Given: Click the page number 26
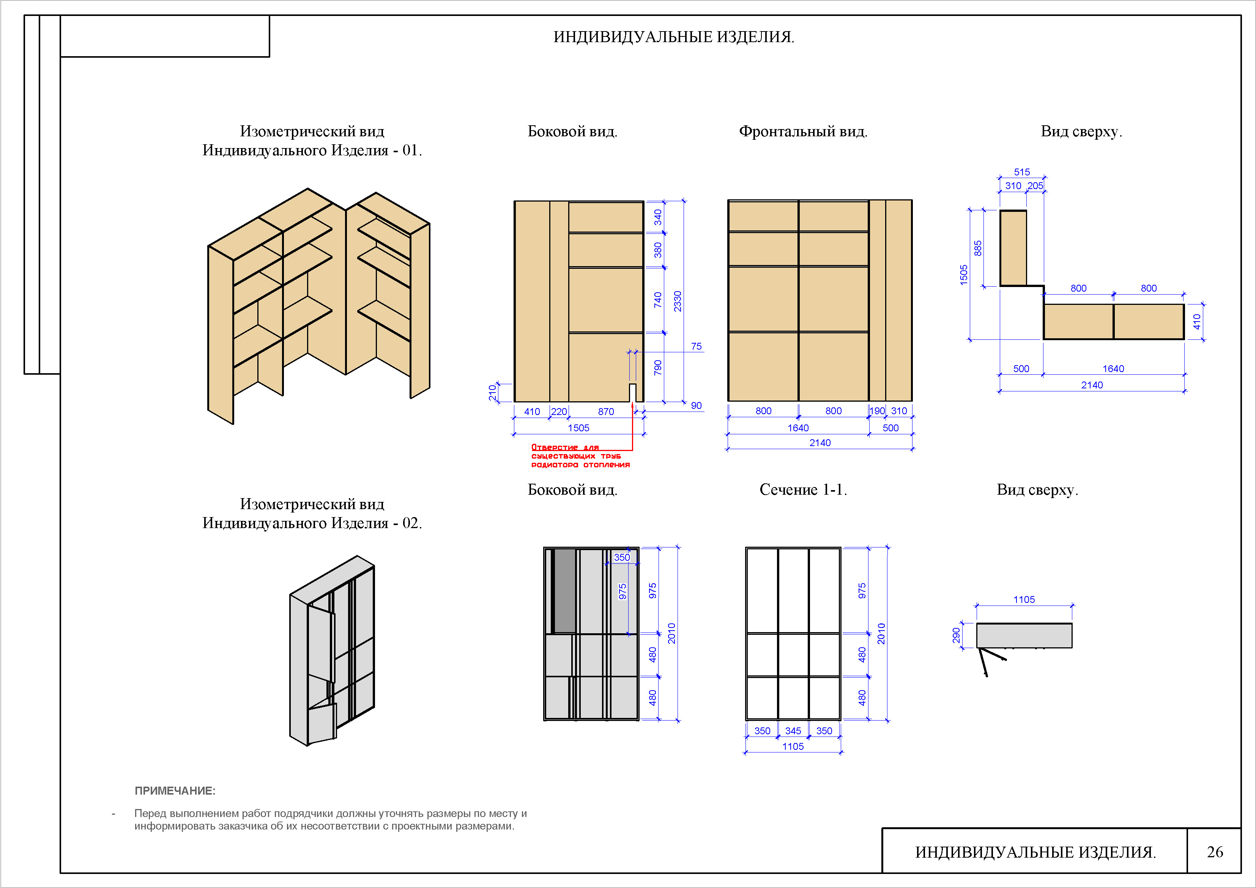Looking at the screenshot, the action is [1215, 852].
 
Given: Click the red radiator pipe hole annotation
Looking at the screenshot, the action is [580, 456].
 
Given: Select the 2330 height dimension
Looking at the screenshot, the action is [677, 301].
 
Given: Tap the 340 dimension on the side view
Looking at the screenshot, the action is [657, 217].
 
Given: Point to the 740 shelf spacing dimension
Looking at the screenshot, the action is [657, 300].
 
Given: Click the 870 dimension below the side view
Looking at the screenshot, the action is [605, 412].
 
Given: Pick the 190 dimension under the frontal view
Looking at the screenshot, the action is [877, 411].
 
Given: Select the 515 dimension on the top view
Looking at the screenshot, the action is [1021, 172].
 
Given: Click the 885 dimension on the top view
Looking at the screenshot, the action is [977, 248].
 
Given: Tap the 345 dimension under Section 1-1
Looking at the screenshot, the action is [793, 730].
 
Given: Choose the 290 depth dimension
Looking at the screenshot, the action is [956, 635].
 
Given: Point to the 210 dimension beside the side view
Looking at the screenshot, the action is [492, 392].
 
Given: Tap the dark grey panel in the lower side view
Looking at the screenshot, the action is [564, 591].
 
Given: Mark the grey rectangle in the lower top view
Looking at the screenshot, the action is [1024, 635].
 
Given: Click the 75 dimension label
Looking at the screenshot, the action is [696, 346].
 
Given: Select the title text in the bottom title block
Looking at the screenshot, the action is [1035, 852].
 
